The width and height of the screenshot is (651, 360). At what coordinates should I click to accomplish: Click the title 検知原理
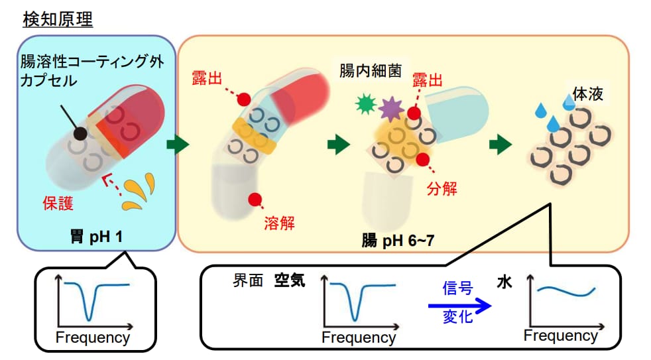click(58, 19)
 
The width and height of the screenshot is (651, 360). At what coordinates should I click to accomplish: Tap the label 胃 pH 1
click(96, 237)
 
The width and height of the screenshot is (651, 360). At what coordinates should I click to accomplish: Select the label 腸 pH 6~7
click(398, 241)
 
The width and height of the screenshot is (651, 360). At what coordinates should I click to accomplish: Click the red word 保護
click(58, 203)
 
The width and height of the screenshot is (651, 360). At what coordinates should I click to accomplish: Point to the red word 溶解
click(279, 223)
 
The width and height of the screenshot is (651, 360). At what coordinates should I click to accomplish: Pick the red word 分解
click(442, 188)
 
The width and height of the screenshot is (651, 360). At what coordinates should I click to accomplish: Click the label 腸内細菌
click(371, 71)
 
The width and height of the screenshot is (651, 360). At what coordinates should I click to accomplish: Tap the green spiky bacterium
click(366, 104)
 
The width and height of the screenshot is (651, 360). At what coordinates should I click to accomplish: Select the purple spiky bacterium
click(390, 109)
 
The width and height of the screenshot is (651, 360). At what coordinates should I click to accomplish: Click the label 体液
click(587, 94)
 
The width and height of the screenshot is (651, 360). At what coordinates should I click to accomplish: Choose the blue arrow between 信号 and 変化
click(459, 306)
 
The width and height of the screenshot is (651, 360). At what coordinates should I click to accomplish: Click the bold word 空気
click(290, 281)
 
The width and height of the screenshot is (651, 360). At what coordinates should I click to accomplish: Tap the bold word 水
click(504, 283)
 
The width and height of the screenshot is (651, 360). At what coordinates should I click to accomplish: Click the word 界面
click(248, 281)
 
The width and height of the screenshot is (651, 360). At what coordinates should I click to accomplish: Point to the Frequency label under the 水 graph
click(560, 335)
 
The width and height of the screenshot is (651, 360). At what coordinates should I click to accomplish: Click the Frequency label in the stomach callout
click(93, 337)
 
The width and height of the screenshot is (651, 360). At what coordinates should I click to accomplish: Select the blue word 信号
click(457, 288)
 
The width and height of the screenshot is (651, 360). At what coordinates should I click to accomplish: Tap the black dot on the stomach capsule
click(80, 134)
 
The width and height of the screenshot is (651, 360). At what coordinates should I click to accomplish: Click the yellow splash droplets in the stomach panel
click(139, 192)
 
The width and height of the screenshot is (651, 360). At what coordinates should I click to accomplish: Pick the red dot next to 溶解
click(255, 200)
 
